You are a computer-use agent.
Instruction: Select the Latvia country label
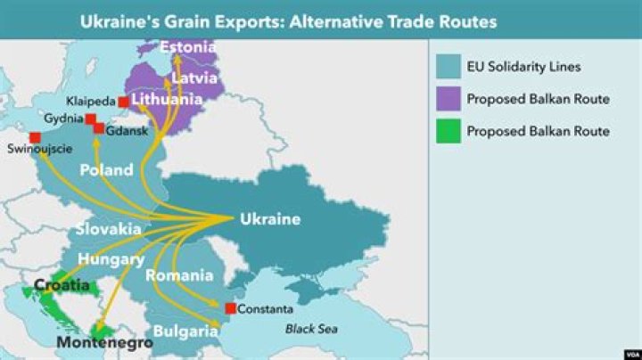click(193, 78)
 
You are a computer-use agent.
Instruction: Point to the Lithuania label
click(167, 100)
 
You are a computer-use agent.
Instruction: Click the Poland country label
click(106, 169)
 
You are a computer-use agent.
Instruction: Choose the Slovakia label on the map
click(108, 229)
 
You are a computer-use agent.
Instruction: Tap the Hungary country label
click(111, 259)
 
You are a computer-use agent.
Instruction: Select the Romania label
click(179, 275)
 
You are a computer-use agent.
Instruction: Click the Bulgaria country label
click(185, 331)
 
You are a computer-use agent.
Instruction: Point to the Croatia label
click(62, 285)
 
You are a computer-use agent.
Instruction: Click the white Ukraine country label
click(270, 219)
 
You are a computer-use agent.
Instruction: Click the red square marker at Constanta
click(230, 309)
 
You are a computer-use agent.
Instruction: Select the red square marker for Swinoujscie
click(35, 137)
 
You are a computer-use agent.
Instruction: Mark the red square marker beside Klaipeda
click(123, 102)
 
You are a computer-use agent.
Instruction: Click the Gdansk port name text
click(127, 131)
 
